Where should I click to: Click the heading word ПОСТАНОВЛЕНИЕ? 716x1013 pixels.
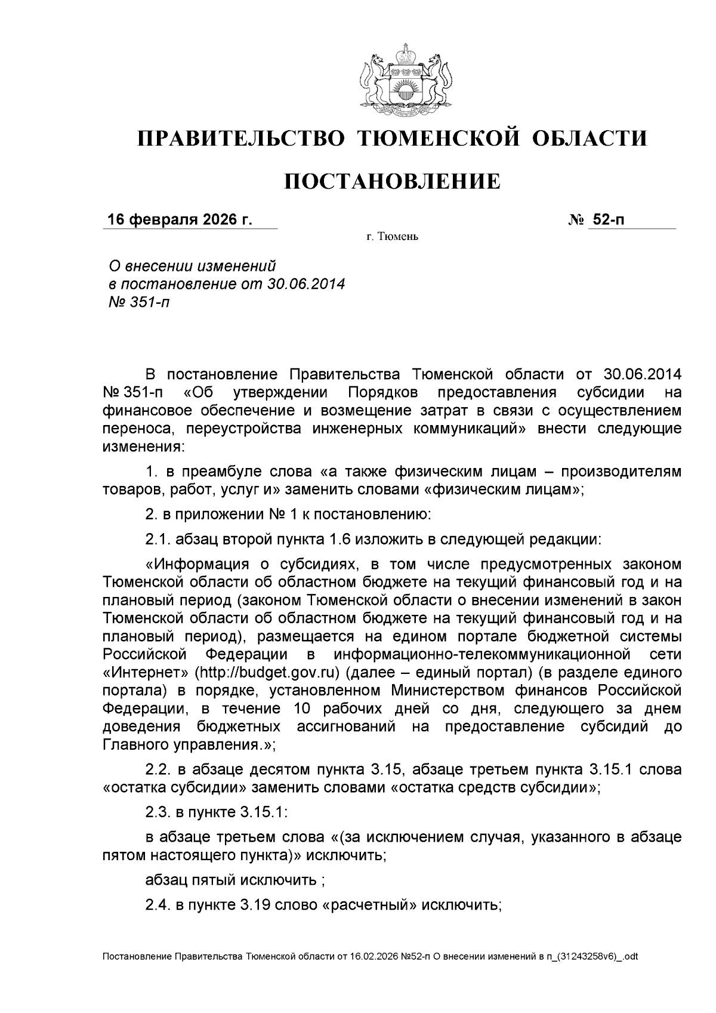tap(391, 181)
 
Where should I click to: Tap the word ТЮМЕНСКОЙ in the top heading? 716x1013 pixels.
tap(439, 138)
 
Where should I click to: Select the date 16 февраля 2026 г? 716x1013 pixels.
tap(180, 220)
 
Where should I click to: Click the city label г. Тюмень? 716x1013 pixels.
tap(393, 238)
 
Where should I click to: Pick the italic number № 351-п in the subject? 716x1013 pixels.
tap(137, 302)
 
